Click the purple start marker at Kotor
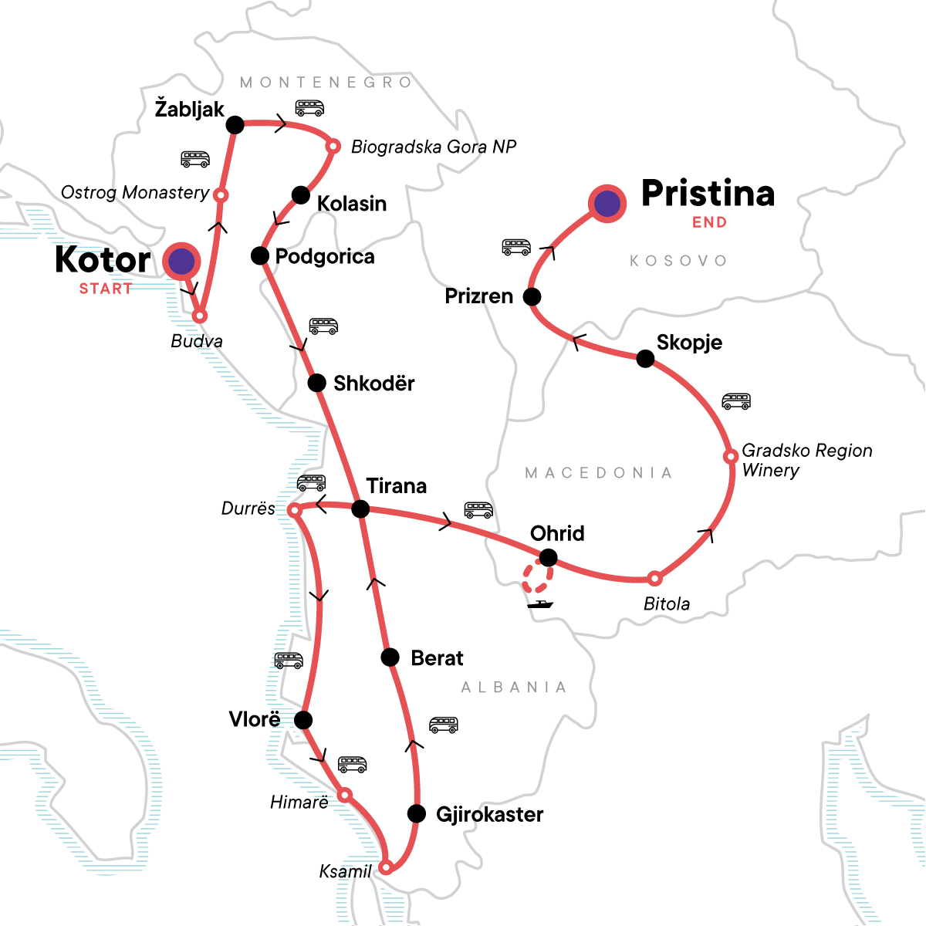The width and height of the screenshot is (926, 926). tap(181, 262)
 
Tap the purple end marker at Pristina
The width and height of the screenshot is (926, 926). tap(607, 203)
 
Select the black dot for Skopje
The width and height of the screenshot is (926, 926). tap(645, 359)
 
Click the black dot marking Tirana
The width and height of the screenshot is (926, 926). tap(360, 509)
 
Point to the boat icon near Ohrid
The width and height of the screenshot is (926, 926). tap(540, 604)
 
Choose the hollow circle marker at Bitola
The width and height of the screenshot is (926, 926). tap(654, 578)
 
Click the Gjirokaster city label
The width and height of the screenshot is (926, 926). tap(489, 814)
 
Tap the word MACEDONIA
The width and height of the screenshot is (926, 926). tap(598, 472)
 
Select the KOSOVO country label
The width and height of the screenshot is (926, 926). tap(678, 261)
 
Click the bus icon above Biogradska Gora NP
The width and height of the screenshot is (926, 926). tap(309, 108)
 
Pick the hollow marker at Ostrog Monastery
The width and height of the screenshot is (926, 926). tap(221, 195)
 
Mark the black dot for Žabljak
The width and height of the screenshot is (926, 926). tap(235, 124)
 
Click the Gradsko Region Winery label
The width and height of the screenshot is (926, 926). tap(806, 460)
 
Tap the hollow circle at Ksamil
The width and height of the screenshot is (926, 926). tap(387, 866)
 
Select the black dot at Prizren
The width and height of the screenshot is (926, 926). tap(532, 296)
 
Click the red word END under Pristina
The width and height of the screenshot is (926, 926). tap(709, 222)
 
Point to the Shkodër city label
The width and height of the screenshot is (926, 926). tap(373, 383)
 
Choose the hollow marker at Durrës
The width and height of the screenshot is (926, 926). tap(294, 511)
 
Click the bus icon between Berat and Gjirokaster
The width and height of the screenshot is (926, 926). tap(444, 725)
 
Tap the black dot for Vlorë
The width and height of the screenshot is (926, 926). tap(303, 720)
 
